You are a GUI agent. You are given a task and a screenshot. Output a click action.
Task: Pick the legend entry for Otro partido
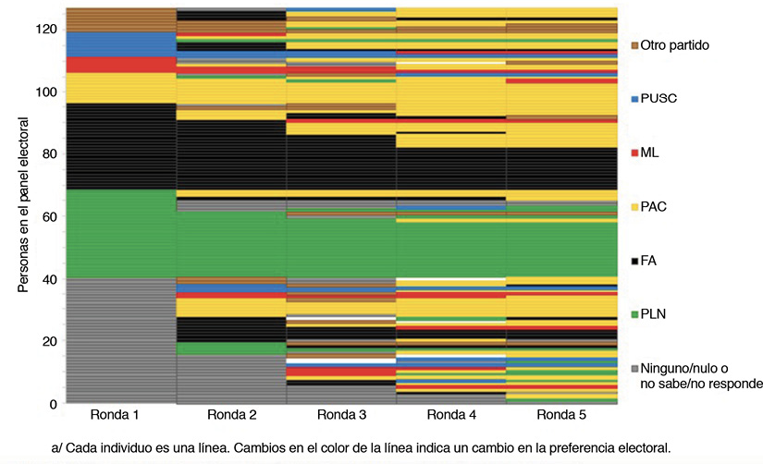676,44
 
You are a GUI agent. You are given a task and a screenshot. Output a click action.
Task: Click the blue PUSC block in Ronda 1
120,44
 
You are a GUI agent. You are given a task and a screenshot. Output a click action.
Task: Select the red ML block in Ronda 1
120,65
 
